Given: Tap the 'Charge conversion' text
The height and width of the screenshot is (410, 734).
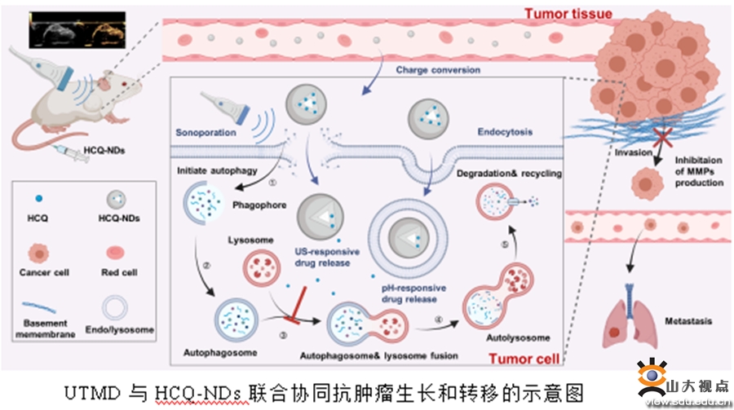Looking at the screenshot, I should point(438,70).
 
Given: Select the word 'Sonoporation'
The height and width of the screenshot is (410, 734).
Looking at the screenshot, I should point(206,131).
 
